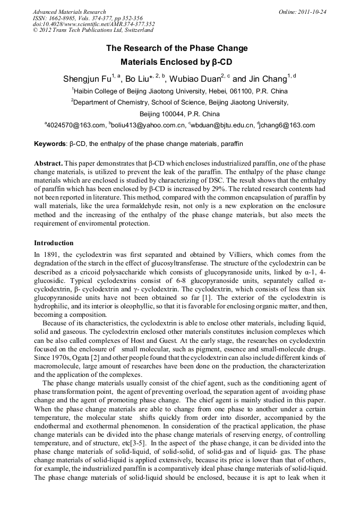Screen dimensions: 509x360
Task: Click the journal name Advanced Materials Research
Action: (69, 12)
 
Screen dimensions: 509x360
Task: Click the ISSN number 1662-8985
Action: (64, 18)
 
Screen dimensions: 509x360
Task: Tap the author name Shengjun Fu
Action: (87, 79)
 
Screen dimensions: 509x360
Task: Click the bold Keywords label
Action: (50, 144)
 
